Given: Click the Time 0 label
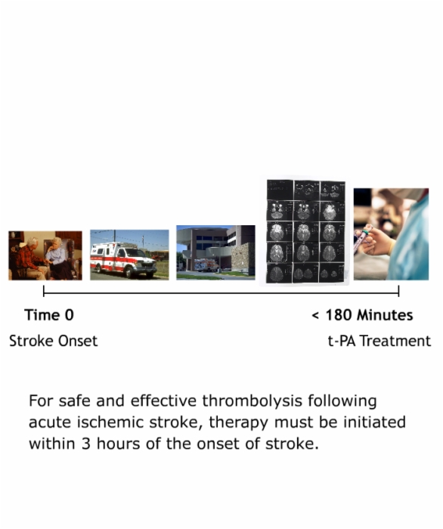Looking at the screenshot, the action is tap(49, 315).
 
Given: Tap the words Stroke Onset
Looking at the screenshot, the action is tap(54, 341).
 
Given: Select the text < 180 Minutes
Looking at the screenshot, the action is tap(362, 315).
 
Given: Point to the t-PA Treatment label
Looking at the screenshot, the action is tap(379, 341).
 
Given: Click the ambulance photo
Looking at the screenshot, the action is tap(129, 255).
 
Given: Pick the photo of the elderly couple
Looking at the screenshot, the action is tap(45, 255).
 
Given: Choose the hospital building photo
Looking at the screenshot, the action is tap(215, 252).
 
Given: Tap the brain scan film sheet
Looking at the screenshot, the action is tap(305, 231).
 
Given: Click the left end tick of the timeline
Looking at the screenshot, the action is tap(44, 291).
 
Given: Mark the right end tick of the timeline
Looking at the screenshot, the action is tap(399, 291).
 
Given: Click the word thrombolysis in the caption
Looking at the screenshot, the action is tap(252, 401).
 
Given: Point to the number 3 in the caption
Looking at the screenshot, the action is tap(86, 444).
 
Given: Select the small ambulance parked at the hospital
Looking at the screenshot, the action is tap(206, 264).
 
